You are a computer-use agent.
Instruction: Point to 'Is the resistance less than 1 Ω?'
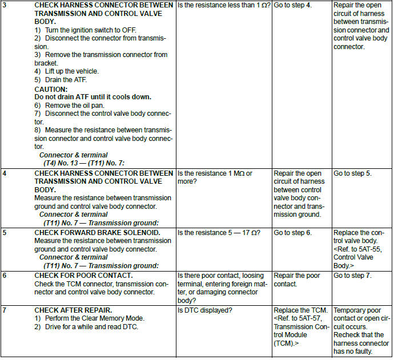click(224, 5)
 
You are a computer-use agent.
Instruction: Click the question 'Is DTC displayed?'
click(206, 310)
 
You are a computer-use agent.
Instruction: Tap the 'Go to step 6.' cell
click(292, 233)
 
